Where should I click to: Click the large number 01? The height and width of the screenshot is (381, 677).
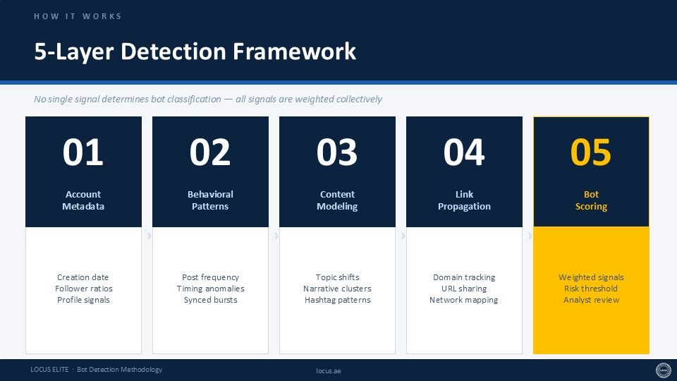[83, 152]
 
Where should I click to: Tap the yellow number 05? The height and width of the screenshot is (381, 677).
[591, 152]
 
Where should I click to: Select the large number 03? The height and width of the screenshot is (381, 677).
[337, 152]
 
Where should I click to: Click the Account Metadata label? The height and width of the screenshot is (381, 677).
[83, 200]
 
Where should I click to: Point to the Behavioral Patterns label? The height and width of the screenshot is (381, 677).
[210, 200]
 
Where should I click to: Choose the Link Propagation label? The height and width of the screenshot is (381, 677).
[464, 200]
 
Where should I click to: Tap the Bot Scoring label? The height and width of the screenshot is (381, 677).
[591, 200]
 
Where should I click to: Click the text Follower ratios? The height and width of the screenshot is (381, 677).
[83, 289]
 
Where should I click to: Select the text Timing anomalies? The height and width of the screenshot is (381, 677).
[210, 289]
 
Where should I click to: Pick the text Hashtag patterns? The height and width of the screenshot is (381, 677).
[337, 300]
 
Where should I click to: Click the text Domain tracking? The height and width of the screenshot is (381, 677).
[464, 277]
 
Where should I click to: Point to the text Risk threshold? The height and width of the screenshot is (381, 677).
[591, 289]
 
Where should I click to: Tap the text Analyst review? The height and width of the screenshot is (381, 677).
[591, 300]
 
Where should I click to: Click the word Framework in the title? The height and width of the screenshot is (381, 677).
[295, 51]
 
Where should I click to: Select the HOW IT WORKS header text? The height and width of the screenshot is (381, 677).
[78, 16]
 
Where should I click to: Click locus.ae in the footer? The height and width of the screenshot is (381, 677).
[329, 370]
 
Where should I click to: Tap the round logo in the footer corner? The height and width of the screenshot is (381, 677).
[664, 370]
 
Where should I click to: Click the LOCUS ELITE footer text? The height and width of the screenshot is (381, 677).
[49, 369]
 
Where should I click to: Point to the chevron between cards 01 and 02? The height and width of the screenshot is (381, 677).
[150, 236]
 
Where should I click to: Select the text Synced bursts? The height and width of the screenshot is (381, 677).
[210, 300]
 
